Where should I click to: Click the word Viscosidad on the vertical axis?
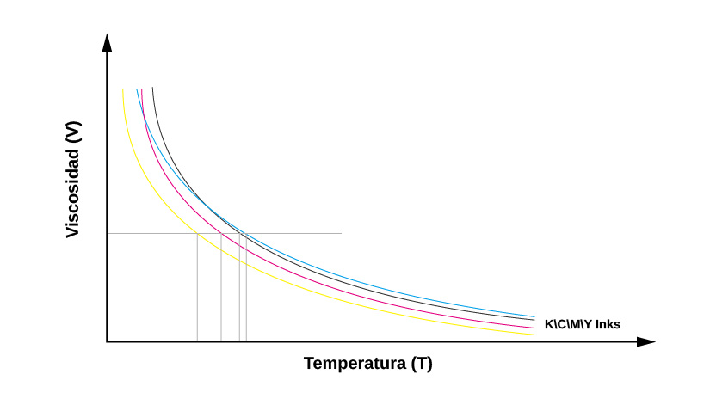pos(73,192)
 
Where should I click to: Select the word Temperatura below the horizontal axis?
pos(355,363)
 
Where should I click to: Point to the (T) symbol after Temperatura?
pos(422,363)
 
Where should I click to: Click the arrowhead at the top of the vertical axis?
pos(107,43)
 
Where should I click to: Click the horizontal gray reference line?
pos(293,233)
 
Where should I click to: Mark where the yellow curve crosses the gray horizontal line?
pos(197,233)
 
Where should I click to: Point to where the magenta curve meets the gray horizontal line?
pos(221,233)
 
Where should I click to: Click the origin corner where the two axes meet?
pos(107,341)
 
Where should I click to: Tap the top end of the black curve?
pos(152,89)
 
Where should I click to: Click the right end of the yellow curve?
pos(534,335)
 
